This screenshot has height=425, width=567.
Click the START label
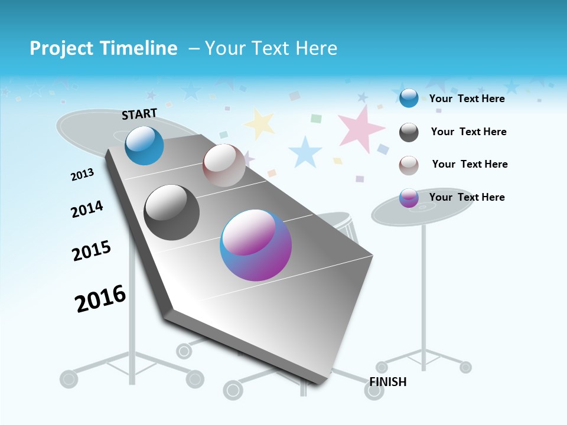[x=139, y=114]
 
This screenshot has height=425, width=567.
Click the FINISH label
[x=388, y=382]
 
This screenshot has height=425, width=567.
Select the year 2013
[x=82, y=175]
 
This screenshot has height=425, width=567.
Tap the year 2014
[x=87, y=209]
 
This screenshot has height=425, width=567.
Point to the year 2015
[x=91, y=251]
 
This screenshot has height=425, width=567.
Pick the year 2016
[x=100, y=299]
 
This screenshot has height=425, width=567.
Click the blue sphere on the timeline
[x=144, y=145]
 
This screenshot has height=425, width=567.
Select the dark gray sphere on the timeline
[x=171, y=212]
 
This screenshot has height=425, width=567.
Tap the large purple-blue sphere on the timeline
[x=256, y=245]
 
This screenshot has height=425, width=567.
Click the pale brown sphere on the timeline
[x=224, y=165]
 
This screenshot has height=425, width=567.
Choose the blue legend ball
[x=409, y=98]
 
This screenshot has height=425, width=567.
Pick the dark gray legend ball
[x=409, y=132]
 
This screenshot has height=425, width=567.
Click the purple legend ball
[x=409, y=198]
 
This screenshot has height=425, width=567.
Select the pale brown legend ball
[x=409, y=165]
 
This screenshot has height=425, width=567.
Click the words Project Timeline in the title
[x=103, y=48]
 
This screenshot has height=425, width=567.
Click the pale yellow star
[x=260, y=123]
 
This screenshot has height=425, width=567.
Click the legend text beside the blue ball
[x=467, y=99]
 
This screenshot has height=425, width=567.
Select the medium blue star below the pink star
[x=305, y=152]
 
